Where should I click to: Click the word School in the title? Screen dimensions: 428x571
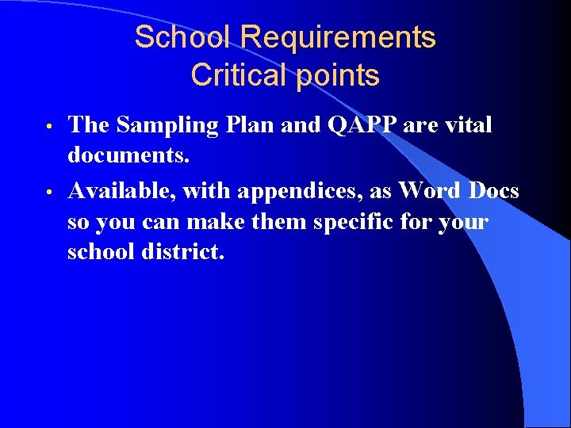coord(183,37)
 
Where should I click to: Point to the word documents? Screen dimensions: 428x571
coord(128,156)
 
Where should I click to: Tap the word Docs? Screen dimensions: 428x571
coord(494,190)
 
